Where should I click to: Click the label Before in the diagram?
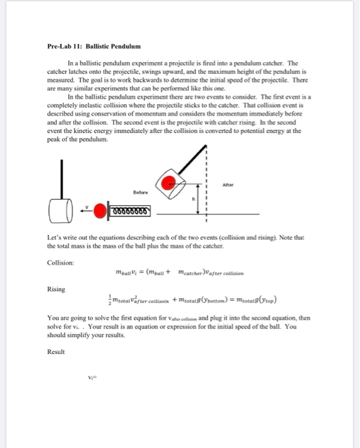(141, 191)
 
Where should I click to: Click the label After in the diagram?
(258, 180)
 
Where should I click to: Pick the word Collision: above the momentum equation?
(61, 262)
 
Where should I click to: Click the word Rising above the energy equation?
(56, 289)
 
